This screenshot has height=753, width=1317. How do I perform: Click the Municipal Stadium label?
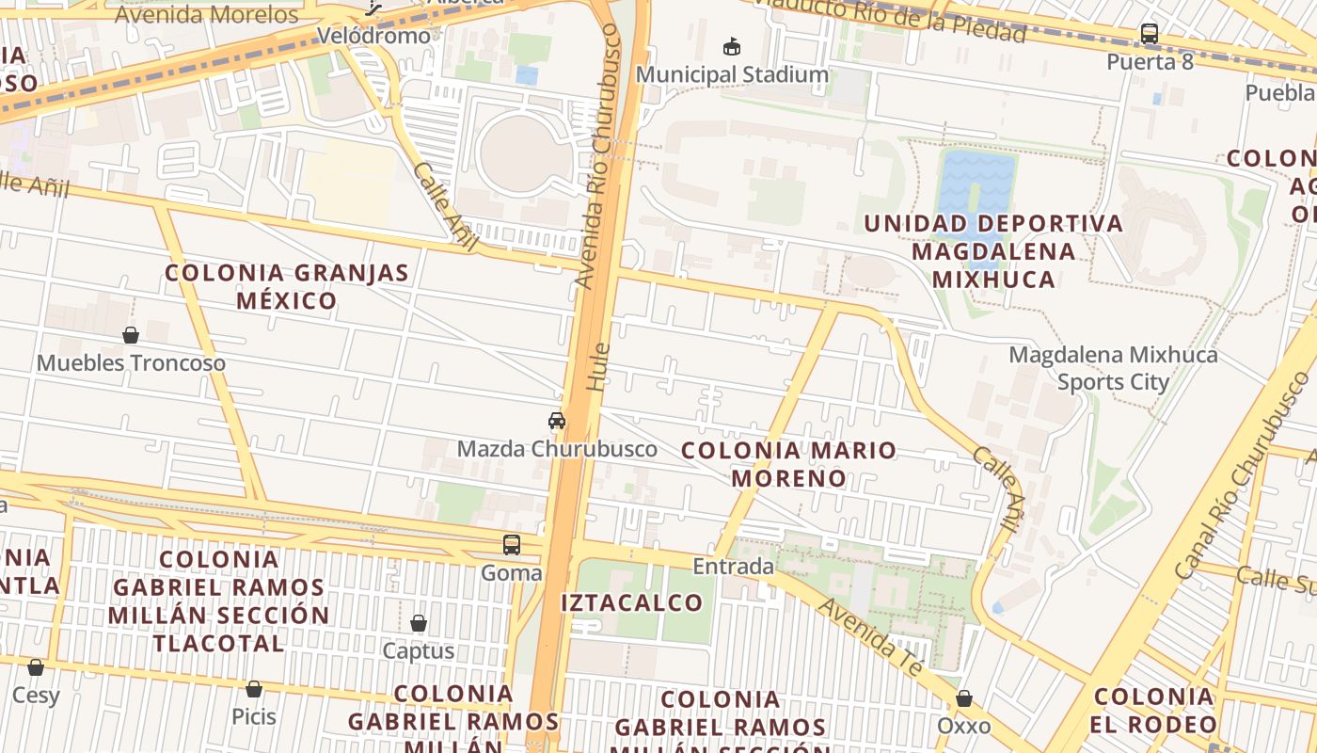tap(732, 74)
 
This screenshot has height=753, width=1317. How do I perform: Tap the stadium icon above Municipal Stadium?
tap(732, 45)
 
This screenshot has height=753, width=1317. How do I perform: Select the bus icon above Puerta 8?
tap(1150, 34)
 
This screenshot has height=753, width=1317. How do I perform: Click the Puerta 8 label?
tap(1150, 62)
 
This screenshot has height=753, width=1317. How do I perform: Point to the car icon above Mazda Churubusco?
tap(557, 421)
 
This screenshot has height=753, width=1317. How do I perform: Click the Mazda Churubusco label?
tap(557, 449)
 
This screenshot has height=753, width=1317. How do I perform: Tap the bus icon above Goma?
tap(512, 544)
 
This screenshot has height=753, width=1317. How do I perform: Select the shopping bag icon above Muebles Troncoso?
tap(131, 335)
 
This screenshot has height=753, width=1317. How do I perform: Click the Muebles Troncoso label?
tap(131, 363)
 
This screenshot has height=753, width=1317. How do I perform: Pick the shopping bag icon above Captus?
tap(419, 623)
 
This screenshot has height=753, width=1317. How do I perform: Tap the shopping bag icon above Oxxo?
tap(964, 698)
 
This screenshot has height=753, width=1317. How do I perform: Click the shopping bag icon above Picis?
tap(254, 689)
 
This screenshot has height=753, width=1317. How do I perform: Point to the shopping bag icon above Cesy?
tap(36, 667)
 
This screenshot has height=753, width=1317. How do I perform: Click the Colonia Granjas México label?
tap(287, 287)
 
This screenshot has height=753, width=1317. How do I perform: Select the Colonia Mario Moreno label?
tap(788, 464)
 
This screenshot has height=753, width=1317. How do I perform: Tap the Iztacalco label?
tap(632, 602)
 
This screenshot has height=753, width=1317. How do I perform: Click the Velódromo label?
tap(373, 36)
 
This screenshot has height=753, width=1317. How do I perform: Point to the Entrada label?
tap(734, 567)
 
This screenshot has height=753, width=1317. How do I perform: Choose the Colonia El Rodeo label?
tap(1154, 712)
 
